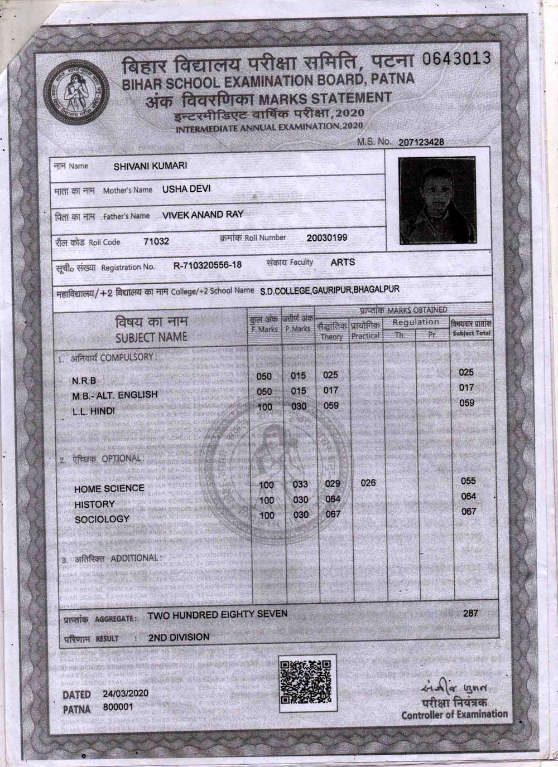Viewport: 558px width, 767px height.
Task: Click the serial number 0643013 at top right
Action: click(x=457, y=59)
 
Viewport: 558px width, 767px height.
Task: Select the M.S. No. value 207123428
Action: click(x=421, y=142)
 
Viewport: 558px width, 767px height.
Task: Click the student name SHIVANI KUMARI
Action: click(x=150, y=166)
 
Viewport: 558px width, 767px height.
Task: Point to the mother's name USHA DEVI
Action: click(x=186, y=189)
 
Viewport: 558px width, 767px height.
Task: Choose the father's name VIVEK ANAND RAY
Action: click(x=203, y=215)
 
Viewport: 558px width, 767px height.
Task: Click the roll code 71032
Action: click(x=156, y=241)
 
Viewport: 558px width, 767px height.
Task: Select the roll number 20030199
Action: click(x=327, y=237)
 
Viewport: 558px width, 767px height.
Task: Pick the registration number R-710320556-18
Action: click(x=208, y=265)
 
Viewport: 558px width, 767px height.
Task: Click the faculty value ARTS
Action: click(x=343, y=262)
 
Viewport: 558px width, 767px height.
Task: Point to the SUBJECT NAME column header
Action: click(x=151, y=337)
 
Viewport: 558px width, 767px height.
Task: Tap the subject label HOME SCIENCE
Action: click(x=109, y=488)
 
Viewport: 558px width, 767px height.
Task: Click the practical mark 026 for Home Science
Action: click(x=368, y=483)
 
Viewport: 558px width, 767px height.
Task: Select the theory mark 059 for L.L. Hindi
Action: click(x=331, y=406)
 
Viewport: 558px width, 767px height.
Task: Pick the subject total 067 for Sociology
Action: click(x=469, y=511)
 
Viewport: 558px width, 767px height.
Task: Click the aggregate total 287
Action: click(x=470, y=614)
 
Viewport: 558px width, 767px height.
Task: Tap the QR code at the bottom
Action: click(x=307, y=682)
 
